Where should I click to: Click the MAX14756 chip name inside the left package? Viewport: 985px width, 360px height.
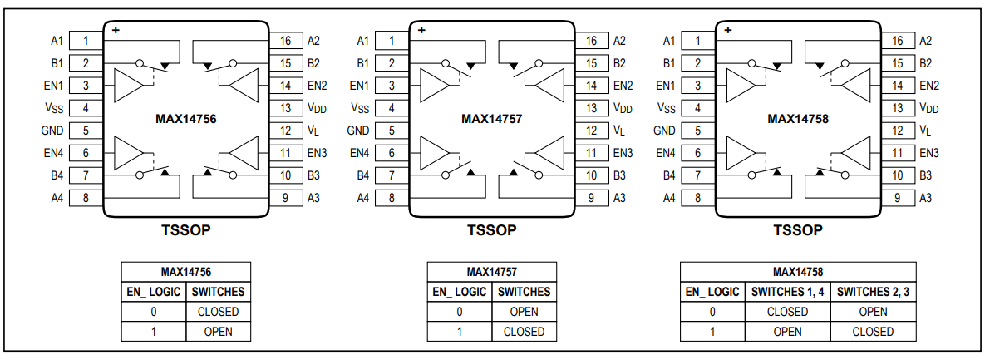tap(185, 119)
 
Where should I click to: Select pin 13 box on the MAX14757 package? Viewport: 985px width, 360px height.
tap(591, 108)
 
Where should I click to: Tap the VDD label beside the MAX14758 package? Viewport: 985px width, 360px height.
tap(928, 108)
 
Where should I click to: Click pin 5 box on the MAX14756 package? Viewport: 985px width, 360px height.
tap(86, 131)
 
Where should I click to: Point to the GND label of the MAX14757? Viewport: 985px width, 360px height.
tap(358, 131)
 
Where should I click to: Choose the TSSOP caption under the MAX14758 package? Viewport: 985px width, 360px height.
tap(798, 230)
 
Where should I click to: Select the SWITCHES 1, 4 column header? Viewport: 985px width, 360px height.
tap(787, 292)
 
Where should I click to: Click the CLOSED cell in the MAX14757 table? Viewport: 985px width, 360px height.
tap(524, 332)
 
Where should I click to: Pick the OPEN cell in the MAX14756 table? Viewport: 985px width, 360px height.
tap(218, 332)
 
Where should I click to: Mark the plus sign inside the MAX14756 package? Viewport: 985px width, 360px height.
tap(116, 30)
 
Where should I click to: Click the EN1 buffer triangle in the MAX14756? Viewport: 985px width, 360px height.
tap(129, 85)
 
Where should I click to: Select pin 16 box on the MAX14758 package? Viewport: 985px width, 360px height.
tap(897, 41)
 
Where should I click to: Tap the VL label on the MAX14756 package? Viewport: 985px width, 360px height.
tap(313, 131)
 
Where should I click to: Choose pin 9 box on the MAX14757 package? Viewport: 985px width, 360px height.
tap(591, 198)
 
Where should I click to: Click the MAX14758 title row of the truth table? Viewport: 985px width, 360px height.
tap(797, 271)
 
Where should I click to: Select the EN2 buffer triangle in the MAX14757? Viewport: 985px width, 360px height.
tap(549, 85)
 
